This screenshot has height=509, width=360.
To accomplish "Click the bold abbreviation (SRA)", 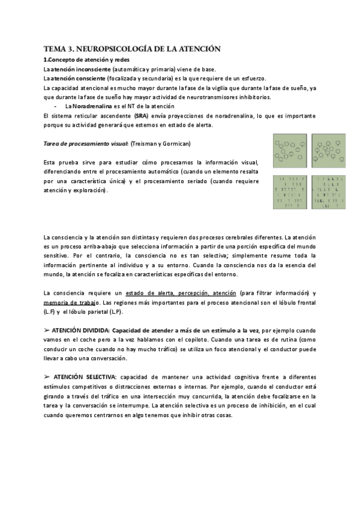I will point(142,115).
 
